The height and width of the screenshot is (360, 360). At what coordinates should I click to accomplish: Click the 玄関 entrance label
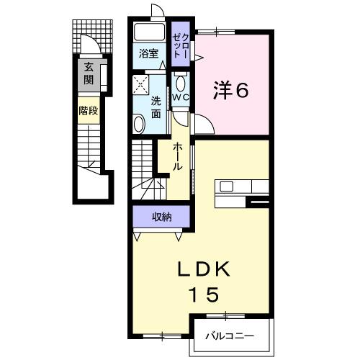(88, 73)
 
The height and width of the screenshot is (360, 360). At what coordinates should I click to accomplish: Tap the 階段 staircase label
(88, 112)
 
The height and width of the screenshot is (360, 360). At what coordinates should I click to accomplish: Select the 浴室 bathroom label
(148, 53)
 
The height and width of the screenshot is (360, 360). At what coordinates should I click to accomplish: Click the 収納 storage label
(161, 217)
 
